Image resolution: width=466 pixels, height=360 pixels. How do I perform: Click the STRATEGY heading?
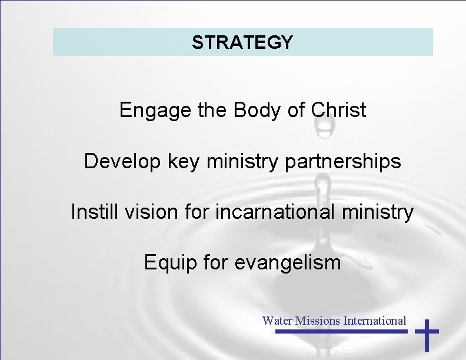(242, 42)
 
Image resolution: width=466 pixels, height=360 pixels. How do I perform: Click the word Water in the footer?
(277, 321)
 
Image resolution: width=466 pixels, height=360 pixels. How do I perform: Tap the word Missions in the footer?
(318, 321)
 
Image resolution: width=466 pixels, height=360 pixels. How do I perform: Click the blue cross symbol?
(427, 335)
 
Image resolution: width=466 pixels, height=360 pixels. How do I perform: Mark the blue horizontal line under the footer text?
(341, 332)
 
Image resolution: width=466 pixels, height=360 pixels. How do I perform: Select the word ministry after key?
(235, 161)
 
